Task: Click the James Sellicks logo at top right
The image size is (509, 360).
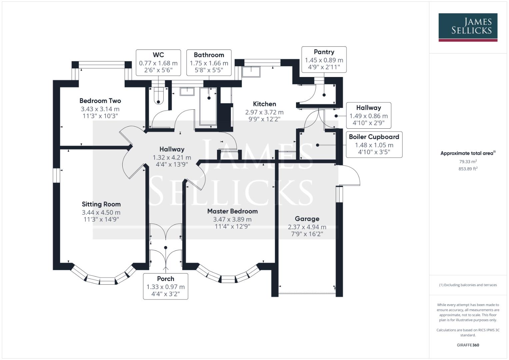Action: pos(468,27)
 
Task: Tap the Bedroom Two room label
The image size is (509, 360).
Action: pos(100,101)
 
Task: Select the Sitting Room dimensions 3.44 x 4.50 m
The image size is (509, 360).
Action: pos(101,212)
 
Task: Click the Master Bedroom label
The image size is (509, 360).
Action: pos(232,211)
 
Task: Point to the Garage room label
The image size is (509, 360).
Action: pos(307,219)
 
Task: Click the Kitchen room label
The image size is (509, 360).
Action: pos(264,104)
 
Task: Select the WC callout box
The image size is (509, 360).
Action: pos(158,63)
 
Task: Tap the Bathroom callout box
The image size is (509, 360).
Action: pos(209,63)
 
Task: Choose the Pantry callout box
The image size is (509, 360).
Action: pos(324,60)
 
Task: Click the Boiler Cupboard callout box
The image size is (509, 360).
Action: pos(374,145)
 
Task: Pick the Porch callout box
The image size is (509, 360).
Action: pos(166,286)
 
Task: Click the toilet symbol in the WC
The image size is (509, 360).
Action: pos(158,97)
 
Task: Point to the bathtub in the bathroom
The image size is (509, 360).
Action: pos(208,106)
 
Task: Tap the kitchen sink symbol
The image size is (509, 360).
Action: pos(251,72)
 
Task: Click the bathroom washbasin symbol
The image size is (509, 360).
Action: pos(187,91)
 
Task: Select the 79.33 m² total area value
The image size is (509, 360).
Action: pos(468,162)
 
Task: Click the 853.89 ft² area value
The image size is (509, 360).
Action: pos(468,169)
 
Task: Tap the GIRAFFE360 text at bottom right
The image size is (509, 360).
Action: pos(468,345)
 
